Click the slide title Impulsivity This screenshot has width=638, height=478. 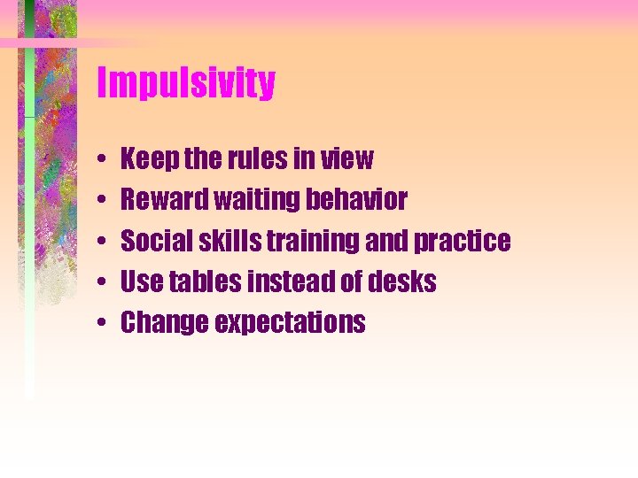pyautogui.click(x=186, y=84)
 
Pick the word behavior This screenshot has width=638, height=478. pyautogui.click(x=356, y=200)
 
